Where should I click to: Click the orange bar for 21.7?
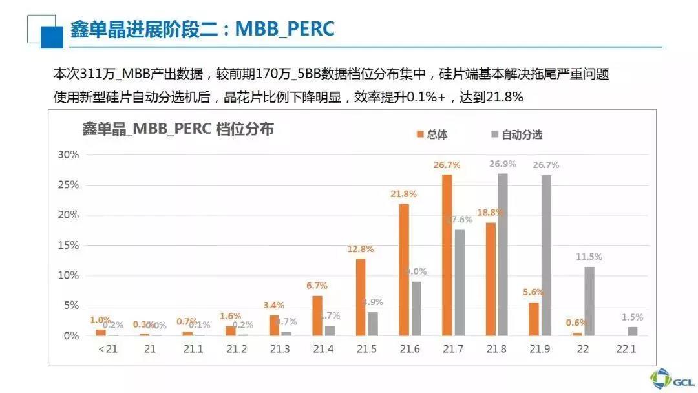[x=447, y=255]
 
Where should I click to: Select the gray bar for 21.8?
[x=502, y=254]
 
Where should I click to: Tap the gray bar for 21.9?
[x=546, y=255]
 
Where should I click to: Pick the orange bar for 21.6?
[x=404, y=270]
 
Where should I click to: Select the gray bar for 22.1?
[x=632, y=331]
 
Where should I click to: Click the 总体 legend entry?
[x=432, y=134]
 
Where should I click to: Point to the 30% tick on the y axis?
[x=68, y=154]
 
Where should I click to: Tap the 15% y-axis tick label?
[x=68, y=246]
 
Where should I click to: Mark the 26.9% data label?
[x=502, y=164]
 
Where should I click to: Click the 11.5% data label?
[x=589, y=257]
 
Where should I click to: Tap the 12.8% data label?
[x=360, y=250]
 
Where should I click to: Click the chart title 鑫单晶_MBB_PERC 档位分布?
[x=178, y=129]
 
